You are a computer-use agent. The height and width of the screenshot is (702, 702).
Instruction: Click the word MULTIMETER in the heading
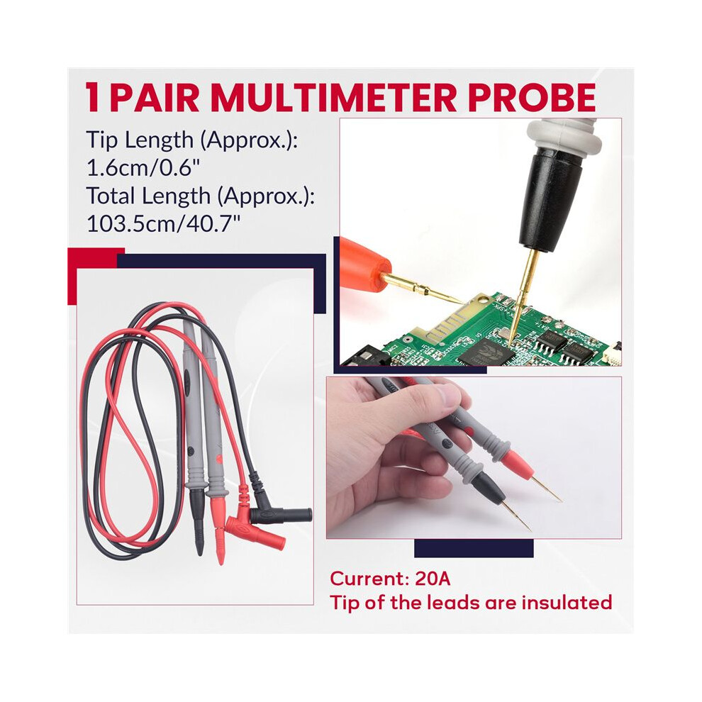click(333, 97)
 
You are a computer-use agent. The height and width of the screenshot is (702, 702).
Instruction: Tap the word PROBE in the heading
click(532, 97)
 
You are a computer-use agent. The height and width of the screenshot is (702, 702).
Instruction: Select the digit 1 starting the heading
click(93, 97)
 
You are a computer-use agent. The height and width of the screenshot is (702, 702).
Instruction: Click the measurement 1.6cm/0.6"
click(143, 168)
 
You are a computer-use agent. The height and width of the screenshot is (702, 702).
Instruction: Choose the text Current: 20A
click(390, 579)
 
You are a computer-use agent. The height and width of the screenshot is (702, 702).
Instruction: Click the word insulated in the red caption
click(567, 602)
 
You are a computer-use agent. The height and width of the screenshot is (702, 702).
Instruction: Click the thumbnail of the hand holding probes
click(474, 457)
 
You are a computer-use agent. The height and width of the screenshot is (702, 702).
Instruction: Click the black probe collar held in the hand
click(486, 486)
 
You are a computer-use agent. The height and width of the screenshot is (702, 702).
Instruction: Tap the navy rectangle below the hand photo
click(474, 548)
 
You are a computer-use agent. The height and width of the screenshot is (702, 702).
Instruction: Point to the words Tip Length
click(140, 140)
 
